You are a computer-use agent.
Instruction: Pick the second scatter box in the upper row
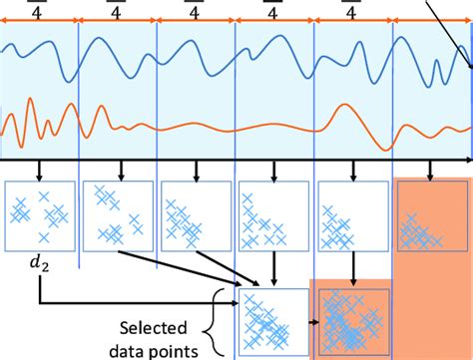pyautogui.click(x=118, y=214)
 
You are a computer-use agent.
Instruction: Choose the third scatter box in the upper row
pyautogui.click(x=196, y=214)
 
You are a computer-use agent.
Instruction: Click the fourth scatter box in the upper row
pyautogui.click(x=272, y=214)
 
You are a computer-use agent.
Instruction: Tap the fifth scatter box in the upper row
pyautogui.click(x=350, y=214)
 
